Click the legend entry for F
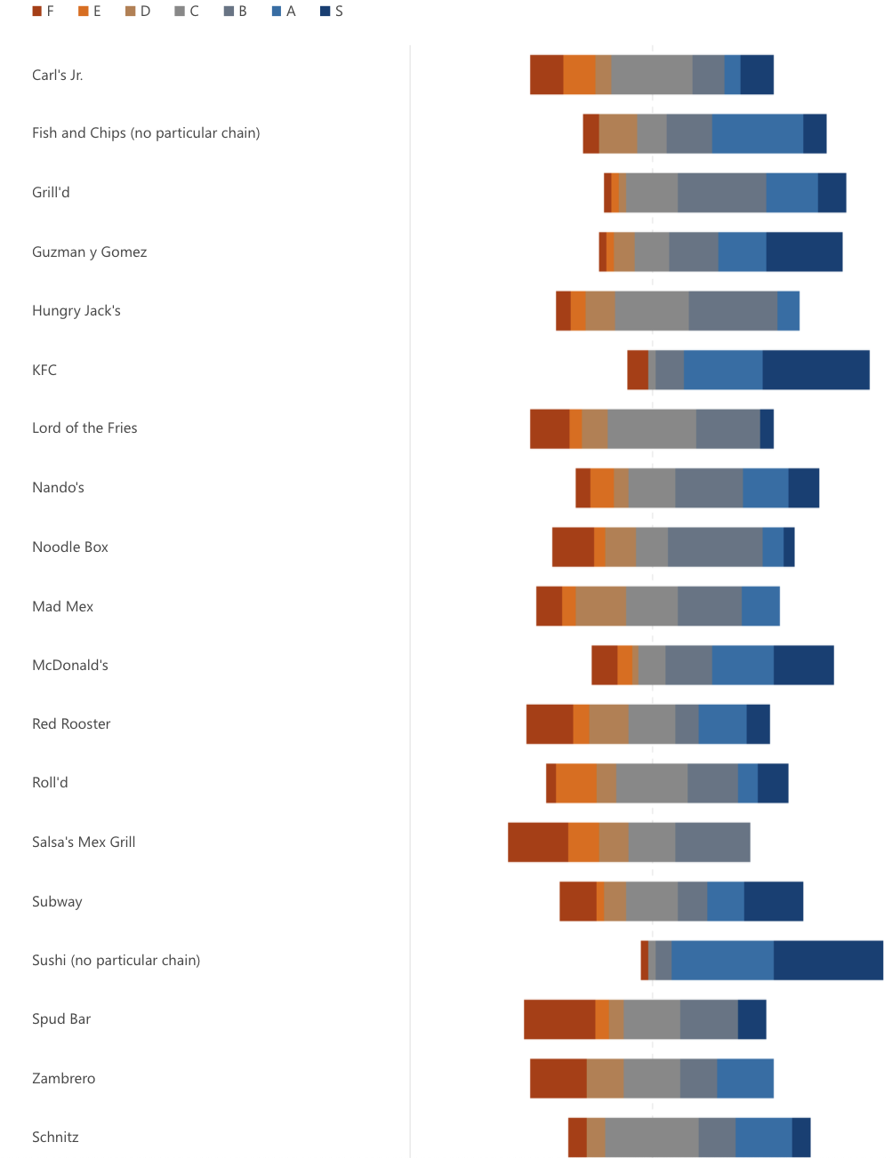click(x=44, y=12)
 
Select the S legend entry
click(x=332, y=12)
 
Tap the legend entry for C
click(x=187, y=12)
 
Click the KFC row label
click(x=44, y=370)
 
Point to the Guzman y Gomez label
click(x=89, y=252)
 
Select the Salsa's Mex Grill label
click(x=84, y=842)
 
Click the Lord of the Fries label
click(x=84, y=427)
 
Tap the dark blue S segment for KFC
click(x=816, y=370)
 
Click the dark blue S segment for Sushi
click(x=828, y=960)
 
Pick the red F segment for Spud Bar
click(x=559, y=1019)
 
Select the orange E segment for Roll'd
click(x=576, y=783)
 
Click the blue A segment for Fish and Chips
click(x=758, y=133)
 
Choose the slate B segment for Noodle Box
click(x=715, y=547)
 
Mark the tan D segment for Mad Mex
click(x=600, y=606)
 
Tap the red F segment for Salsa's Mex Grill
click(x=538, y=842)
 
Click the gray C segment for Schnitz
click(x=652, y=1138)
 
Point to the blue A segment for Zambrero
click(x=745, y=1078)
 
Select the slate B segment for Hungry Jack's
click(x=733, y=311)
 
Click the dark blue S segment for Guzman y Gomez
click(x=804, y=252)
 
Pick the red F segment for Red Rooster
click(x=550, y=723)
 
